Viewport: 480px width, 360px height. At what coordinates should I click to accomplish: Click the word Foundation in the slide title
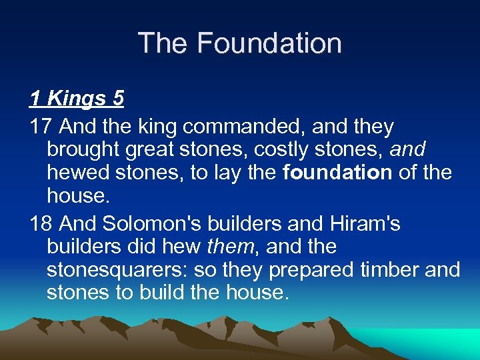coord(270,43)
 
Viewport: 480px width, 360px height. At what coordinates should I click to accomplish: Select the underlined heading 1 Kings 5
coord(77,99)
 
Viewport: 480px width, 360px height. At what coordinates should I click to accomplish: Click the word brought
coord(85,150)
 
